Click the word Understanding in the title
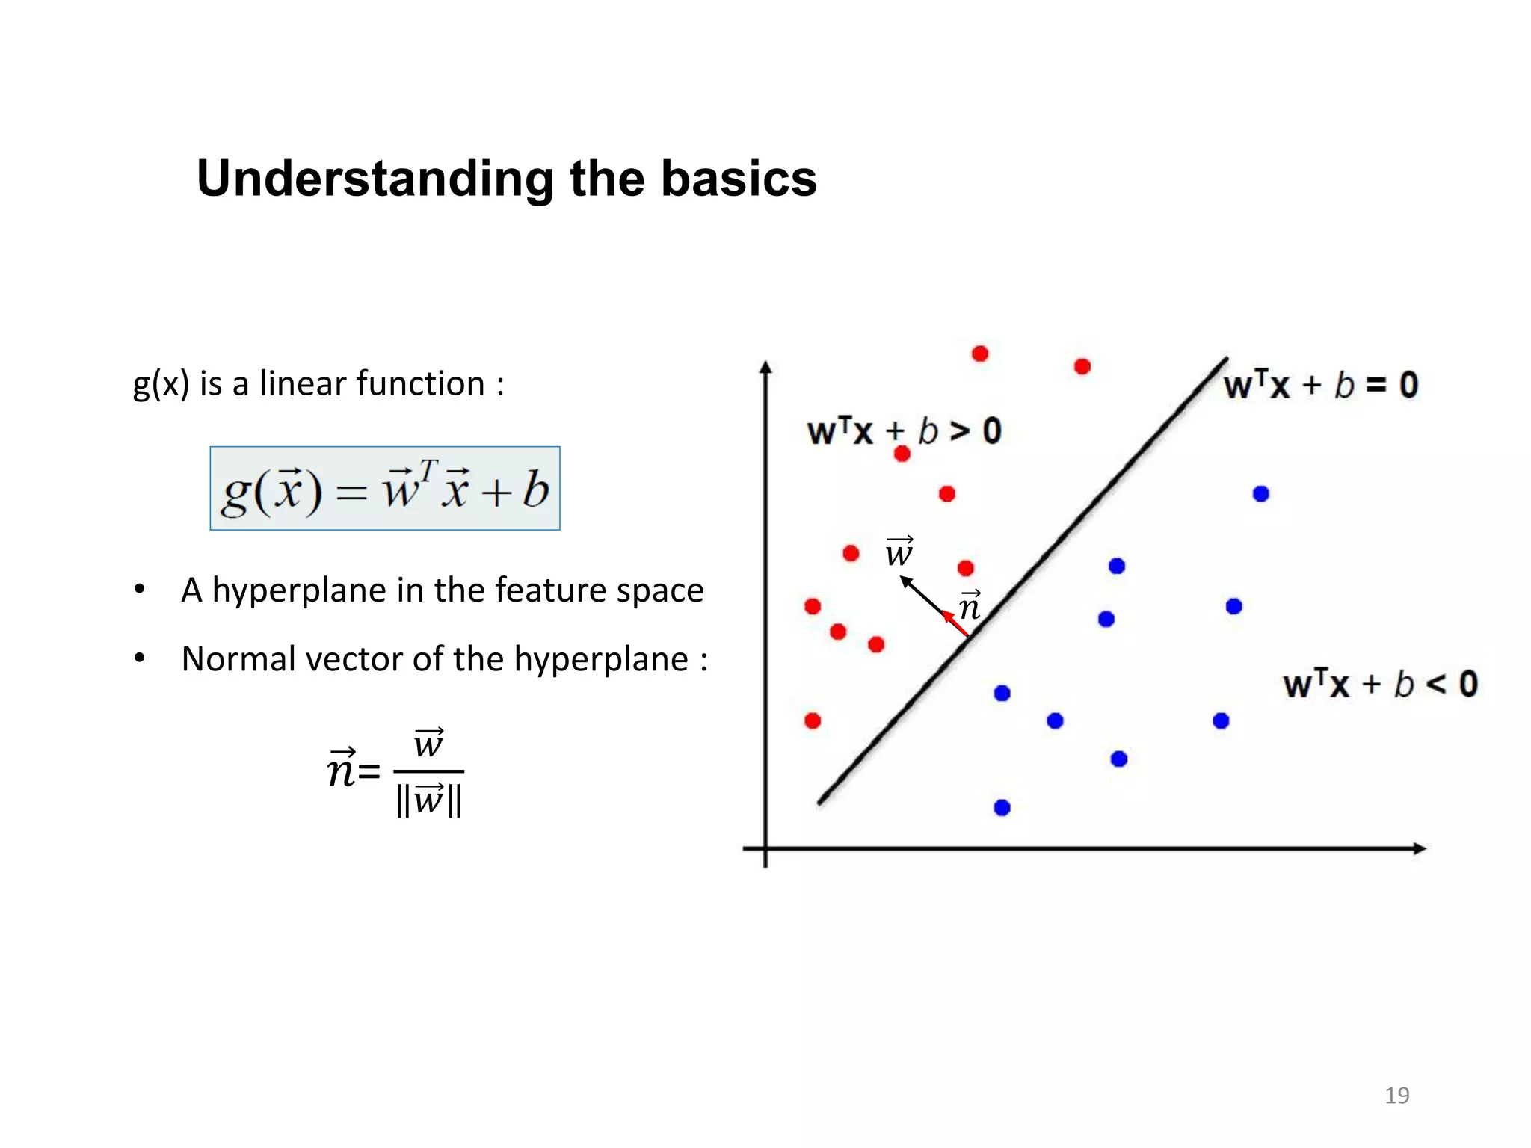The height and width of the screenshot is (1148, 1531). click(x=375, y=179)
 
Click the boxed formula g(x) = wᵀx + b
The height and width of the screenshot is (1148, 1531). click(x=385, y=489)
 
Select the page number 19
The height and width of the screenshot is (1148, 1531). click(x=1396, y=1095)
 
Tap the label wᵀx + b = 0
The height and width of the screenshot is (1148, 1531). click(x=1320, y=386)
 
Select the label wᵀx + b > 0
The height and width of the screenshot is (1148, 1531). click(x=903, y=431)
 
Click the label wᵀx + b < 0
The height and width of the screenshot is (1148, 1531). click(x=1380, y=684)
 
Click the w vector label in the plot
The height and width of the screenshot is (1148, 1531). click(x=899, y=552)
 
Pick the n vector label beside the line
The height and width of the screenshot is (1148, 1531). click(x=970, y=606)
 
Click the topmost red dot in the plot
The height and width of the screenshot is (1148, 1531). click(x=980, y=354)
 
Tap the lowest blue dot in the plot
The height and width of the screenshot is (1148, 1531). click(x=1002, y=807)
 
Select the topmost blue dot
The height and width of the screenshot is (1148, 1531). click(x=1260, y=494)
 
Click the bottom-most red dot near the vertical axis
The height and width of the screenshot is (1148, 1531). click(x=813, y=720)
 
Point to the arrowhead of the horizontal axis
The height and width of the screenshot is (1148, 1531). click(x=1420, y=848)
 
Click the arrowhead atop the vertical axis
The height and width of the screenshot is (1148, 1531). click(x=765, y=368)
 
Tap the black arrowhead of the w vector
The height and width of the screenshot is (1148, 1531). click(x=905, y=581)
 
